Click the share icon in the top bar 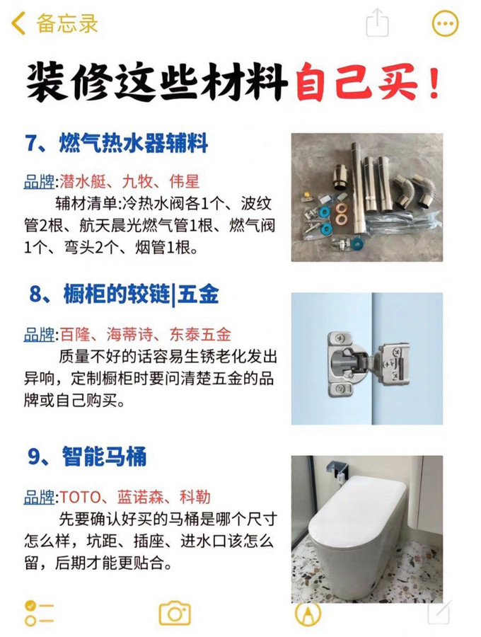(x=378, y=23)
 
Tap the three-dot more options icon (x=445, y=24)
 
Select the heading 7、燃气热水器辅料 (x=117, y=144)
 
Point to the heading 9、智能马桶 (x=88, y=457)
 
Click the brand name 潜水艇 (x=83, y=182)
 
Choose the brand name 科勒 (x=195, y=496)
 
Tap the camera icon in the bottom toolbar (x=174, y=613)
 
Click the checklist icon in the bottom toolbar (x=40, y=613)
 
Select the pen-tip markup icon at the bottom (x=308, y=613)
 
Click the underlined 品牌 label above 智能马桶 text (x=40, y=496)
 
